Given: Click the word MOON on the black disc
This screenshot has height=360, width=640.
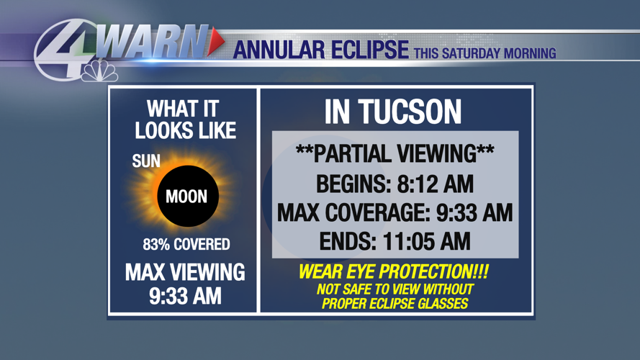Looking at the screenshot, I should (186, 197).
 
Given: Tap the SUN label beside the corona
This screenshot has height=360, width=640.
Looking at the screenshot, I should (146, 161).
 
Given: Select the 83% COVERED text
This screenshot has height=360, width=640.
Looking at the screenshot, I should (186, 245).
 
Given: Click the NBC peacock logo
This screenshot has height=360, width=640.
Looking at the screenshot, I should (100, 71).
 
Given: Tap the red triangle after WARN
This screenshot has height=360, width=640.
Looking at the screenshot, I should (215, 42).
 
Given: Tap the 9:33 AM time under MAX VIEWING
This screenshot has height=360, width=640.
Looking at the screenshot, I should (185, 296).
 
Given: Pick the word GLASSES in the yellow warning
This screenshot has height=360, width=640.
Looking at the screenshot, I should (440, 304).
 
